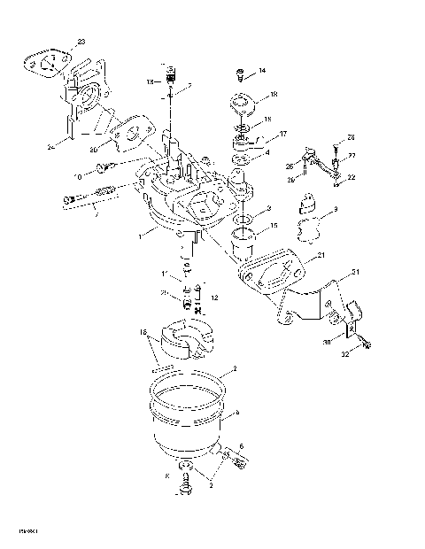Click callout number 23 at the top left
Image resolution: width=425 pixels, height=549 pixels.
tap(81, 43)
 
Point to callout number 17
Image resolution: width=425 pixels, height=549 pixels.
tap(283, 134)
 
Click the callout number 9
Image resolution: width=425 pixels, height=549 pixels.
tap(335, 212)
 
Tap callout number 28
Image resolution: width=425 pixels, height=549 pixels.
tap(351, 137)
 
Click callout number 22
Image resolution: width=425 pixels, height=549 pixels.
tap(352, 178)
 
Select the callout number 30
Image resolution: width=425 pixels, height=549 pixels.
tap(326, 343)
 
